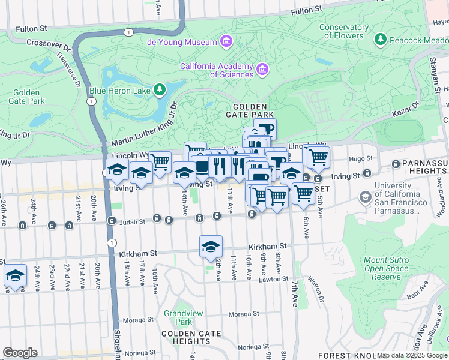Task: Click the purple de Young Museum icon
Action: [x=226, y=41]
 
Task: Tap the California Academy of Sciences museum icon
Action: [x=262, y=70]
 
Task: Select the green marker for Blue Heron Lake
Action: [x=159, y=91]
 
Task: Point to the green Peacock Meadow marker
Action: [x=379, y=40]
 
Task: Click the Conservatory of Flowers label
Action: [x=344, y=31]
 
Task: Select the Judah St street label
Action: [x=134, y=221]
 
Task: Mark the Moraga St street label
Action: [x=243, y=313]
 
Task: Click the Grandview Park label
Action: [x=178, y=317]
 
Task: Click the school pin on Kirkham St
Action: [x=211, y=247]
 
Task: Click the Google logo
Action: [x=20, y=353]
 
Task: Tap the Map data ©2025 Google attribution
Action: [x=412, y=356]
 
